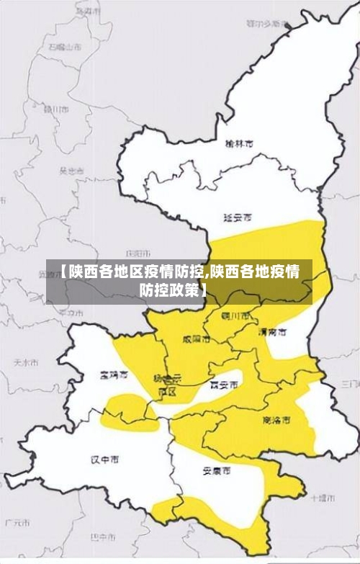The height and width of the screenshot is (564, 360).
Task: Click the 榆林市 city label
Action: [240, 144]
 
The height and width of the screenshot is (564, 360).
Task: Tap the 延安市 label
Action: [238, 216]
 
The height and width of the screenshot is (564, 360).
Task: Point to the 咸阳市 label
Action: [197, 338]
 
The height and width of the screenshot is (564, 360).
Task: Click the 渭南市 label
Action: [272, 333]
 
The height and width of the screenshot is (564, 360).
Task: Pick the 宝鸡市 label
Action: [114, 375]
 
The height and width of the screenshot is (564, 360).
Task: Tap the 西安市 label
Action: [223, 385]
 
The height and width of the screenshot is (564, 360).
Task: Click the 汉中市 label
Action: [104, 460]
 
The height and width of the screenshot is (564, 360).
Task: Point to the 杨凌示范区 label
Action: [168, 383]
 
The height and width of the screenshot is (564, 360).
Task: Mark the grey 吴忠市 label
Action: [71, 171]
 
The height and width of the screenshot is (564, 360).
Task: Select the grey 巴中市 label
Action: [103, 537]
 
